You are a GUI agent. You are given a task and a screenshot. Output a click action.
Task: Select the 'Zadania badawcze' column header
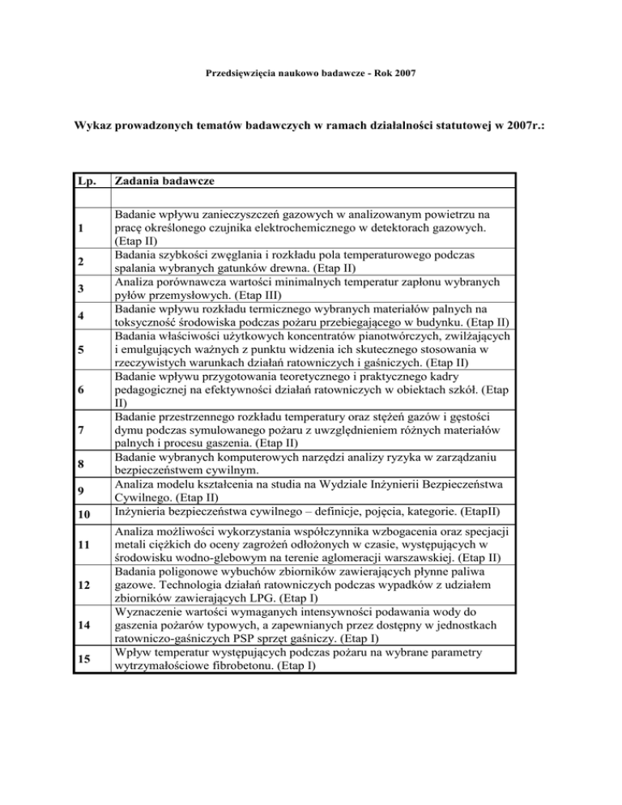coord(166,183)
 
